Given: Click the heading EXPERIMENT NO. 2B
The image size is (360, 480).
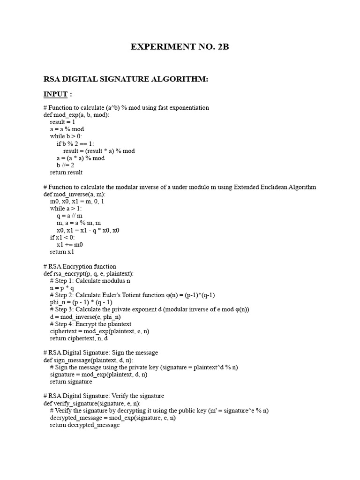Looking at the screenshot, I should click(180, 47).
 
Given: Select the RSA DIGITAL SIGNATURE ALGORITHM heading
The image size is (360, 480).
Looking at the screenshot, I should click(126, 79).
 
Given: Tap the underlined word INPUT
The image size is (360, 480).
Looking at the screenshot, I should click(56, 94).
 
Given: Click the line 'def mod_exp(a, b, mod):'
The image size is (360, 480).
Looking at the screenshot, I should click(76, 115).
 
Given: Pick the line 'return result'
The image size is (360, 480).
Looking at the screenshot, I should click(66, 172).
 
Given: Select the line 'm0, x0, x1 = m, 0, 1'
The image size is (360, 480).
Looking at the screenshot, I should click(77, 201).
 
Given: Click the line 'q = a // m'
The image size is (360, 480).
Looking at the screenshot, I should click(69, 216).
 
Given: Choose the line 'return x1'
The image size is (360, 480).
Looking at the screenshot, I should click(62, 252).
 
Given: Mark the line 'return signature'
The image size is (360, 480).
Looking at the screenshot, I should click(71, 382).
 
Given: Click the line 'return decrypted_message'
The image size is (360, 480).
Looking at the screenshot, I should click(85, 425).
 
